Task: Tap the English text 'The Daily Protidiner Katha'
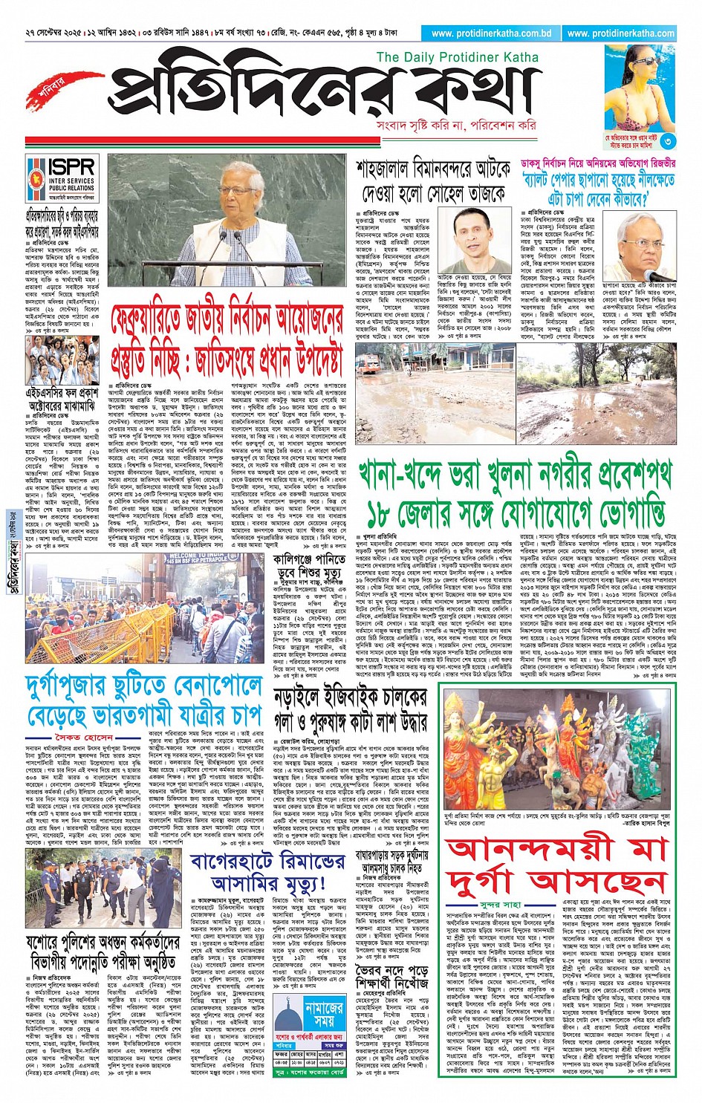coord(457,57)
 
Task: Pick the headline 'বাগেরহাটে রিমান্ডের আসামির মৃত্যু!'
coord(267,872)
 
